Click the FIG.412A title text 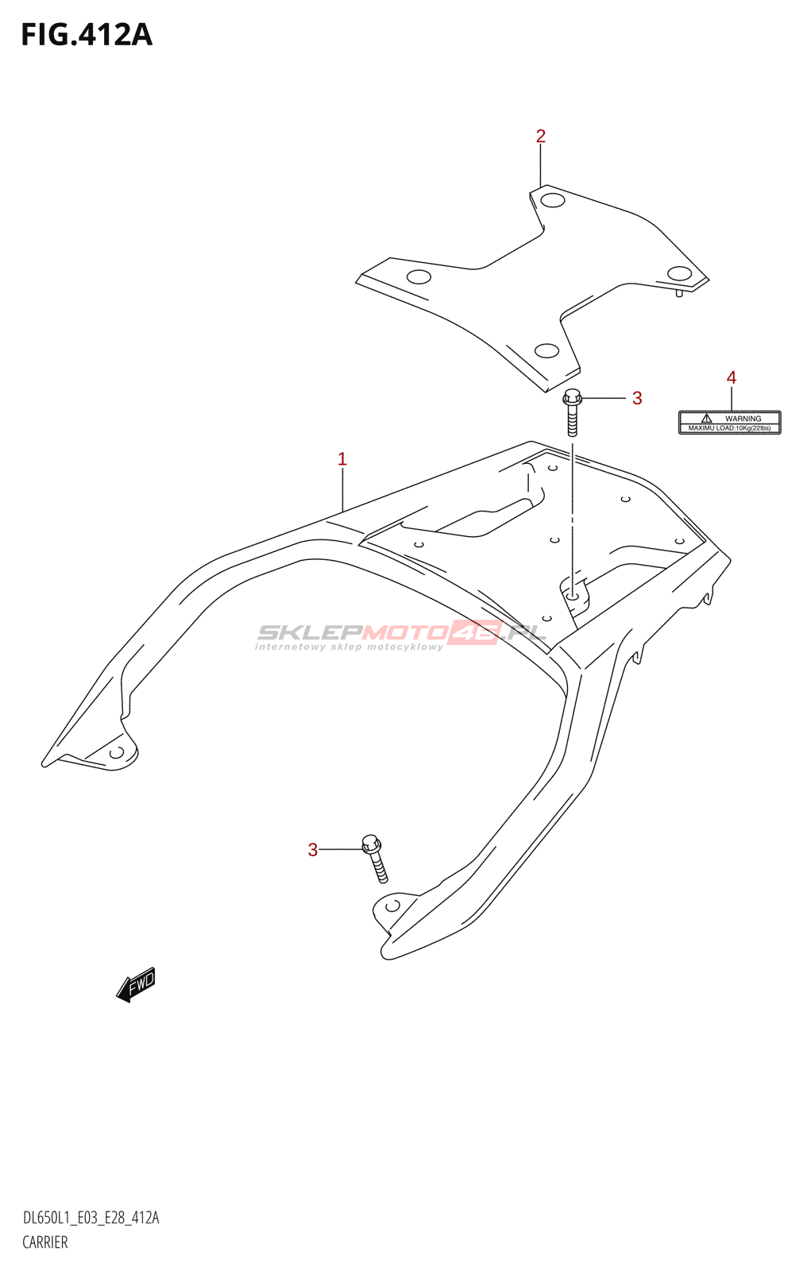87,35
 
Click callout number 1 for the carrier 342,459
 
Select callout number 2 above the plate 540,136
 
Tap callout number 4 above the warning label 731,377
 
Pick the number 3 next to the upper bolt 637,398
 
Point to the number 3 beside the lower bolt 313,849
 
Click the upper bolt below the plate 572,412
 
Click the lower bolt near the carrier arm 375,859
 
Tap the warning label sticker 730,423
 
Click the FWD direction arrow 136,984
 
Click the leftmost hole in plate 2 419,277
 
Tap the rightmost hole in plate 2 679,273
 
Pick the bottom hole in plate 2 547,350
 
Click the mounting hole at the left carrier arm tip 117,752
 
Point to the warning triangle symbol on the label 707,418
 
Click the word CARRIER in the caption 45,1242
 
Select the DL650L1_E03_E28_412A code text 91,1218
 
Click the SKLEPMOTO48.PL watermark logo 401,635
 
